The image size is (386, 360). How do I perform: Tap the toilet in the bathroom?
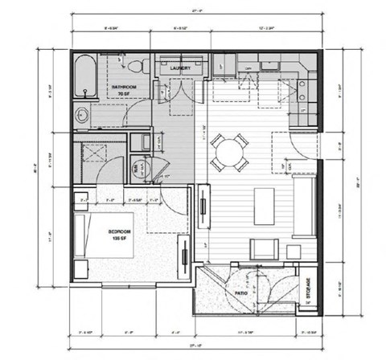point(133,63)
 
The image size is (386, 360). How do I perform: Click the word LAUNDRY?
point(181,69)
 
